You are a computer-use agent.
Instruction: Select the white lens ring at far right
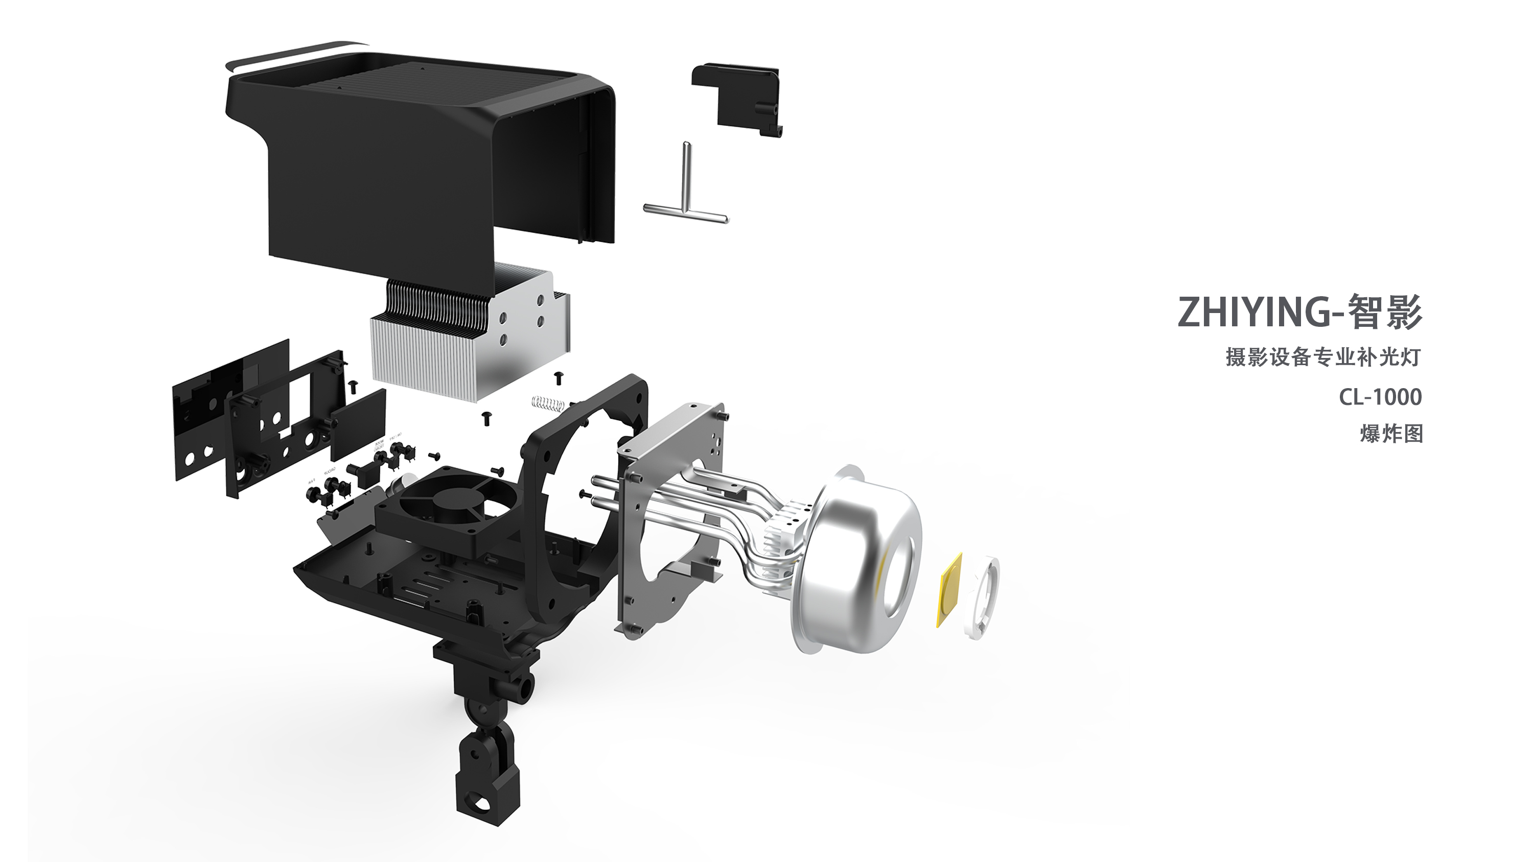click(983, 596)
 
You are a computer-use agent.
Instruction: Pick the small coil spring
click(547, 403)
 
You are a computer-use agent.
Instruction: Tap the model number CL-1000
click(1380, 397)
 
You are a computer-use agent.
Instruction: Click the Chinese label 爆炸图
click(1391, 434)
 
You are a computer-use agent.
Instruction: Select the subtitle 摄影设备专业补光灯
click(1322, 357)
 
